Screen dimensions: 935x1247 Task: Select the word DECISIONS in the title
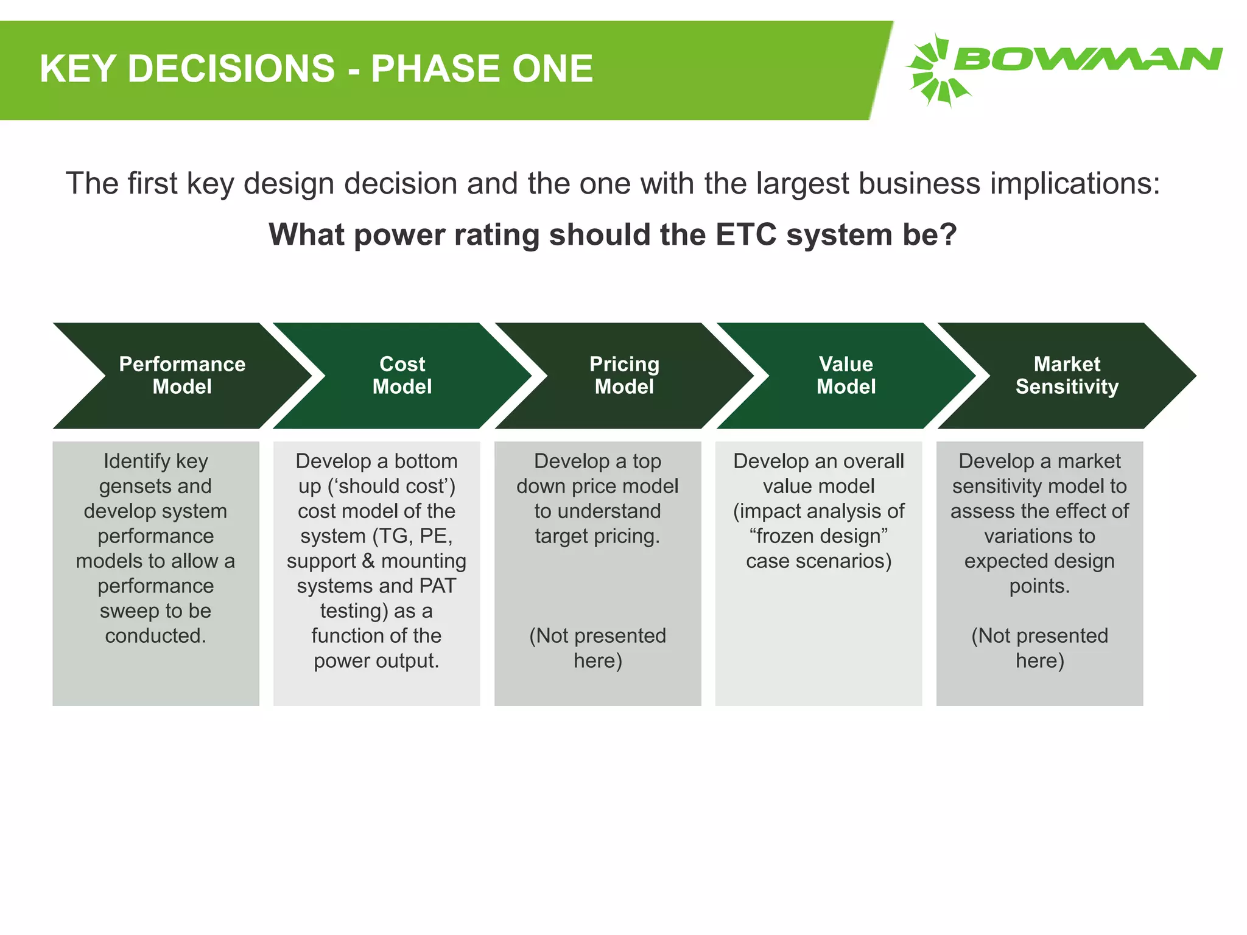(x=231, y=68)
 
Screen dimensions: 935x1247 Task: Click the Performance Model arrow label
(x=182, y=375)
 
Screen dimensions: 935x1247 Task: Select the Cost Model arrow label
(x=402, y=375)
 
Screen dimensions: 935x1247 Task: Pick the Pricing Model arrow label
(x=624, y=375)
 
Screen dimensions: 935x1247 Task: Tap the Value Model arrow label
(x=846, y=375)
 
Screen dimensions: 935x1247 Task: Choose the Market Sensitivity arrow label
(x=1067, y=375)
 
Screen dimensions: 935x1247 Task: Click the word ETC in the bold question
(x=746, y=234)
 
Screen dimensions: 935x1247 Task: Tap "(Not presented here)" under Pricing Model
(x=597, y=648)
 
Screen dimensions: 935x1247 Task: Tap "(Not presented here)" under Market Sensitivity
(x=1039, y=648)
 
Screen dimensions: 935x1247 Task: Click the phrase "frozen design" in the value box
(x=818, y=536)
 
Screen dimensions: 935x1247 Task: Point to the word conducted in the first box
(x=155, y=636)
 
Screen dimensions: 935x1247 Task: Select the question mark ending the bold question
(x=949, y=234)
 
